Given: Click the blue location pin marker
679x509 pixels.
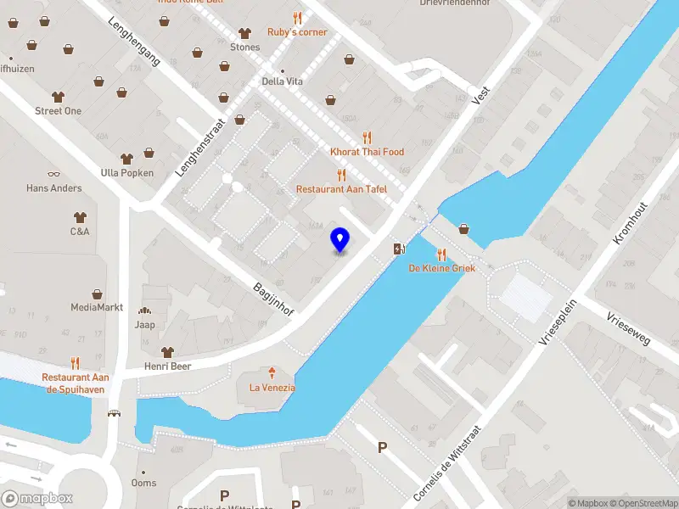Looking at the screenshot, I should (340, 240).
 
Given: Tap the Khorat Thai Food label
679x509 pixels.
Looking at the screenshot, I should (367, 152).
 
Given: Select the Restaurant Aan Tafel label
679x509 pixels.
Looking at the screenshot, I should (341, 188).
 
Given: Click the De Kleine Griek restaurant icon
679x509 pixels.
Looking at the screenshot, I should (441, 254).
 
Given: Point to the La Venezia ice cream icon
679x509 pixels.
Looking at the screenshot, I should (272, 372).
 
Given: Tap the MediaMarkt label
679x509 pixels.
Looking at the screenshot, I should (97, 307).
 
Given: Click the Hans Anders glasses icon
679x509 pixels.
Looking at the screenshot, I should (53, 173).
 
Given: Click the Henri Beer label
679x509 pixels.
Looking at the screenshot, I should (167, 366).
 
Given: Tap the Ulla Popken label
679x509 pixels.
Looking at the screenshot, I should (127, 173).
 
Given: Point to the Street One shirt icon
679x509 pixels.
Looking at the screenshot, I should (58, 97).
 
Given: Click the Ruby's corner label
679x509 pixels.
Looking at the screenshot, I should (297, 32).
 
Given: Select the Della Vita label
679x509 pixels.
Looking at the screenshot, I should (283, 81).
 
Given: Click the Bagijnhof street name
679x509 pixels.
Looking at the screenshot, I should (273, 299).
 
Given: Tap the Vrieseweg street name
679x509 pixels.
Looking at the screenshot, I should (628, 328).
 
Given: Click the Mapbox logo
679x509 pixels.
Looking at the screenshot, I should (37, 499).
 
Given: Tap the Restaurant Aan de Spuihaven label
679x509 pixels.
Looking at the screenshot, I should (76, 382).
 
